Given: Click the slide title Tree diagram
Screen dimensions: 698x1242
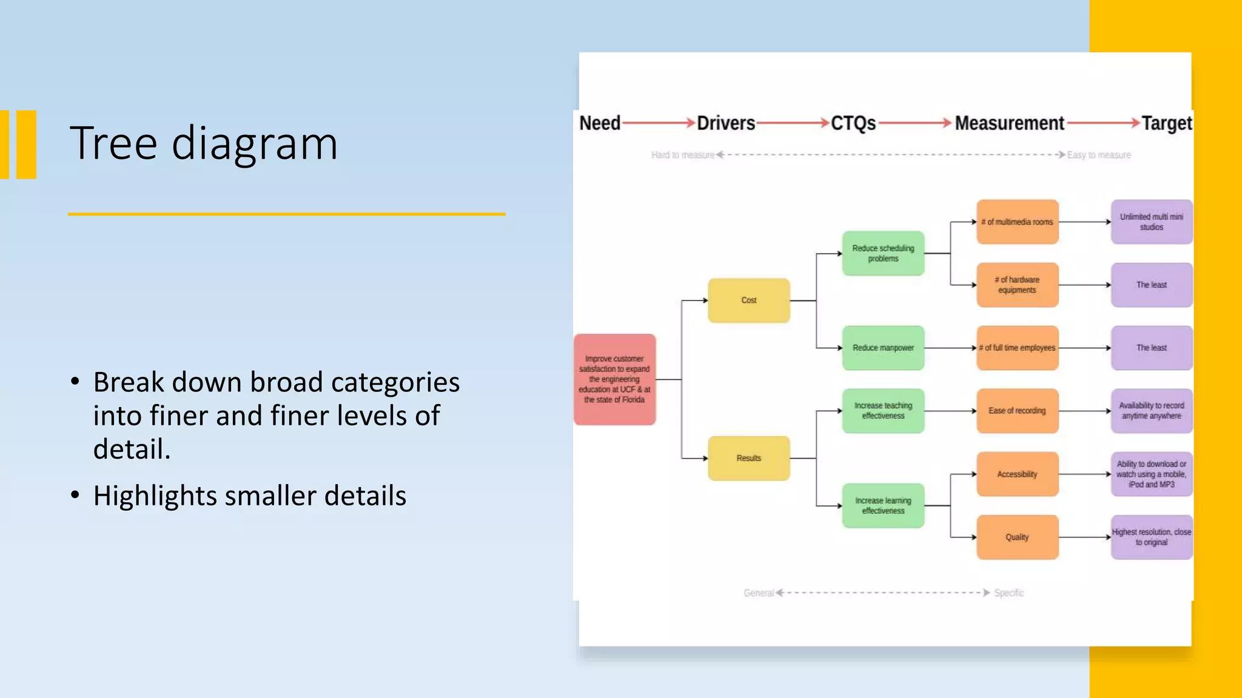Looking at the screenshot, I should coord(203,143).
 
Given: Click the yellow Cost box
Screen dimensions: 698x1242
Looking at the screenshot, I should coord(748,301).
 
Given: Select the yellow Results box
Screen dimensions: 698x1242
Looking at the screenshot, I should coord(748,458).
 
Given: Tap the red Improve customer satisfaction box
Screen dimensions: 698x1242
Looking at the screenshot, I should coord(614,379).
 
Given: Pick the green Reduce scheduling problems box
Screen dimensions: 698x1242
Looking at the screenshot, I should coord(883,253).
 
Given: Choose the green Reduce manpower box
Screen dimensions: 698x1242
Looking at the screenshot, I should coord(883,348).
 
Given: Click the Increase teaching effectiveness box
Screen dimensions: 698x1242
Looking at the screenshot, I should coord(883,411).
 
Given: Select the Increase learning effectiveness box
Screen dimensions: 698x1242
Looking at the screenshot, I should coord(883,505).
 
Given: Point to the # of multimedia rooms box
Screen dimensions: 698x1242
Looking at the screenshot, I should coord(1017,222).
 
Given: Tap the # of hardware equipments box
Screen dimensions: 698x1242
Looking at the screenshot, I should coord(1017,285).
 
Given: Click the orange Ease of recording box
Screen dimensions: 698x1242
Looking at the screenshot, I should coord(1017,411).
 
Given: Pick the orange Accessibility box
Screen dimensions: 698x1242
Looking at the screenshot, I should coord(1017,474).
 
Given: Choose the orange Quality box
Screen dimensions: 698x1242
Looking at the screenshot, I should coord(1017,537).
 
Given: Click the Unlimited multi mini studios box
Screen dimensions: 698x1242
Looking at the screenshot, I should coord(1151,222).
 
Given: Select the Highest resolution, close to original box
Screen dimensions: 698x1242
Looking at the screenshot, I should coord(1151,537).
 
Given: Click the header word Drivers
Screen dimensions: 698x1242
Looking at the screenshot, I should coord(726,123).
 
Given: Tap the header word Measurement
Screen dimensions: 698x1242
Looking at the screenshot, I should coord(1009,123).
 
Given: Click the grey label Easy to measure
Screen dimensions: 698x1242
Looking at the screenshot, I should coord(1098,155).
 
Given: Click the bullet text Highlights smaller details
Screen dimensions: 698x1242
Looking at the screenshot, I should coord(249,496).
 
